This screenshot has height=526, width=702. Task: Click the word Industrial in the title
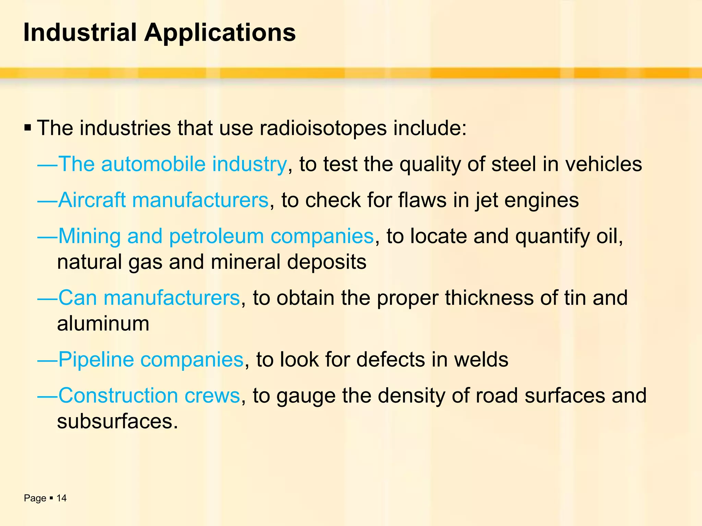tap(80, 33)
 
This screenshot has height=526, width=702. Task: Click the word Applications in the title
tap(220, 33)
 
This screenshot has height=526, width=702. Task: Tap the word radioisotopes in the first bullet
tap(323, 128)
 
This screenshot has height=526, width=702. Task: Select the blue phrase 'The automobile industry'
tap(172, 164)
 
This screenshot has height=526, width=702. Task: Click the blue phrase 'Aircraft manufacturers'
tap(164, 200)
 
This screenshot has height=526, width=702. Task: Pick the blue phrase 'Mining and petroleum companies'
tap(216, 236)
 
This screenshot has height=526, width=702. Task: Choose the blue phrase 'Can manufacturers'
tap(149, 298)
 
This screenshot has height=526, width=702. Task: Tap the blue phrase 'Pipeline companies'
tap(151, 360)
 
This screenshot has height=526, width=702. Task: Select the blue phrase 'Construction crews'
tap(149, 396)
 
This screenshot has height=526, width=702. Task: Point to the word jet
tap(486, 200)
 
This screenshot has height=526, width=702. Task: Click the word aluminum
tap(103, 324)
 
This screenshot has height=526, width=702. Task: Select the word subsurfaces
tap(117, 421)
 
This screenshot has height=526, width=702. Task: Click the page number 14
tap(61, 498)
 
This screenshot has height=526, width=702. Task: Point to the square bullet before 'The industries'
tap(28, 129)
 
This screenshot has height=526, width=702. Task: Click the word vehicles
tap(603, 164)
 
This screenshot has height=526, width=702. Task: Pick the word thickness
tap(489, 298)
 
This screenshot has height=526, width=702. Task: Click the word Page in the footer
tap(35, 498)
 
